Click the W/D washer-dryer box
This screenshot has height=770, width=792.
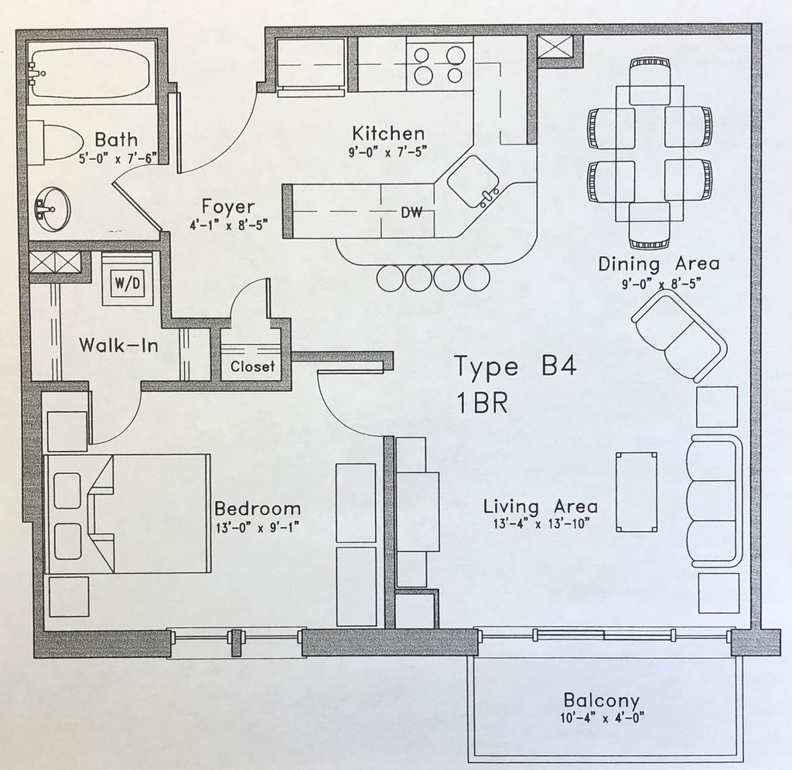(x=128, y=284)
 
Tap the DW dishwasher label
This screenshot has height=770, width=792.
(x=411, y=213)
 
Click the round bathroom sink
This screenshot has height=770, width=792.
(x=52, y=205)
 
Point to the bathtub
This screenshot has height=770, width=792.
(x=91, y=75)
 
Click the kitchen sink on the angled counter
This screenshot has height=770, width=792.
(x=473, y=183)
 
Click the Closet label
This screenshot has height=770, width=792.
(x=253, y=366)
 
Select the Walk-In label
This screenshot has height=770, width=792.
(x=119, y=345)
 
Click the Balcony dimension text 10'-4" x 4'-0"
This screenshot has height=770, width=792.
(x=602, y=718)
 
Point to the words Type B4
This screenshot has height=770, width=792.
(x=515, y=366)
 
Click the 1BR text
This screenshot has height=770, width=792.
(x=481, y=404)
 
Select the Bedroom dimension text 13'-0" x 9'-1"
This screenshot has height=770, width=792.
(x=257, y=527)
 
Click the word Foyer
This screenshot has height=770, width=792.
(x=228, y=206)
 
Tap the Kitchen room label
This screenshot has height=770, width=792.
(x=388, y=132)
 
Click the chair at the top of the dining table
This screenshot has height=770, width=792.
(x=649, y=81)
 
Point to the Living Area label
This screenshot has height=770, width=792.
(x=540, y=507)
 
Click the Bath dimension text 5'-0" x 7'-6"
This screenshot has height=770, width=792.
(x=117, y=158)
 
